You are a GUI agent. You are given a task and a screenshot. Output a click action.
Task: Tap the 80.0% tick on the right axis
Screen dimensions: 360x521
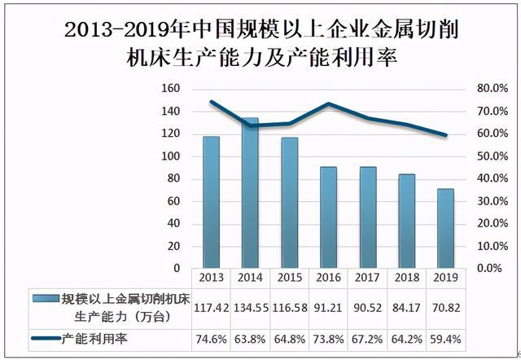pyautogui.click(x=493, y=88)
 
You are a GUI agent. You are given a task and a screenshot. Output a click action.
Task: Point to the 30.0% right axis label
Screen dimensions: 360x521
pyautogui.click(x=493, y=200)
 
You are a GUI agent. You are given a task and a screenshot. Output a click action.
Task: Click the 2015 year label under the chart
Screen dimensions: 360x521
pyautogui.click(x=289, y=277)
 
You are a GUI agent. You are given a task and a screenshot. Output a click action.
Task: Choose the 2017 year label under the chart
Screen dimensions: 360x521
pyautogui.click(x=367, y=277)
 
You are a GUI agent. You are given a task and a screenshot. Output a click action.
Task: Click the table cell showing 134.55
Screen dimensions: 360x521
pyautogui.click(x=250, y=307)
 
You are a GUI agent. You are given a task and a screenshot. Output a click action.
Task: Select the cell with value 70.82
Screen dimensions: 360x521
pyautogui.click(x=445, y=307)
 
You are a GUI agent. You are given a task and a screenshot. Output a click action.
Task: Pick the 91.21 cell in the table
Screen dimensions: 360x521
pyautogui.click(x=328, y=307)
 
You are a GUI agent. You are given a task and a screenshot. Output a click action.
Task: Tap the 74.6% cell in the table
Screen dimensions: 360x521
pyautogui.click(x=211, y=336)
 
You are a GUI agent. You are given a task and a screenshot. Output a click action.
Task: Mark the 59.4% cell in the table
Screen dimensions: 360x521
pyautogui.click(x=445, y=336)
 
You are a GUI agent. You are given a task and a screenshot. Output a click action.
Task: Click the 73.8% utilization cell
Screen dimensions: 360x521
pyautogui.click(x=328, y=336)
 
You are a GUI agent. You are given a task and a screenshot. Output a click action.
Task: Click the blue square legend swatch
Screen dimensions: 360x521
pyautogui.click(x=40, y=298)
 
